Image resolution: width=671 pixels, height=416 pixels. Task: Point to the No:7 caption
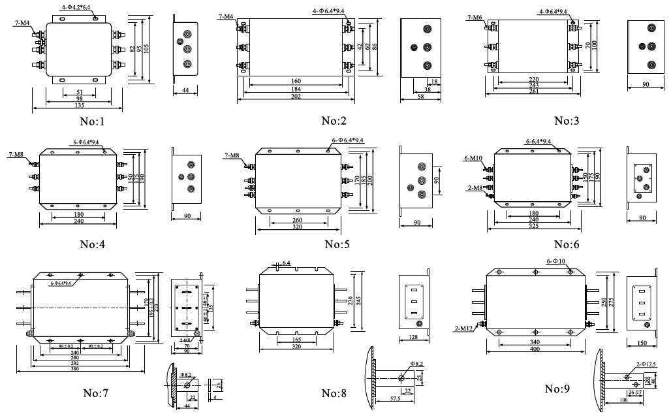point(95,393)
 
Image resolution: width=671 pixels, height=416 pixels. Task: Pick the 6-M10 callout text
point(473,159)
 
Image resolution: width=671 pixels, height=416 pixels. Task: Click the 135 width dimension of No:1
point(79,105)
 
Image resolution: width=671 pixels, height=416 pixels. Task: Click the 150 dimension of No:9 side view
point(642,343)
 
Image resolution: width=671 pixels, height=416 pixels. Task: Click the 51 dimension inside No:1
point(79,91)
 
